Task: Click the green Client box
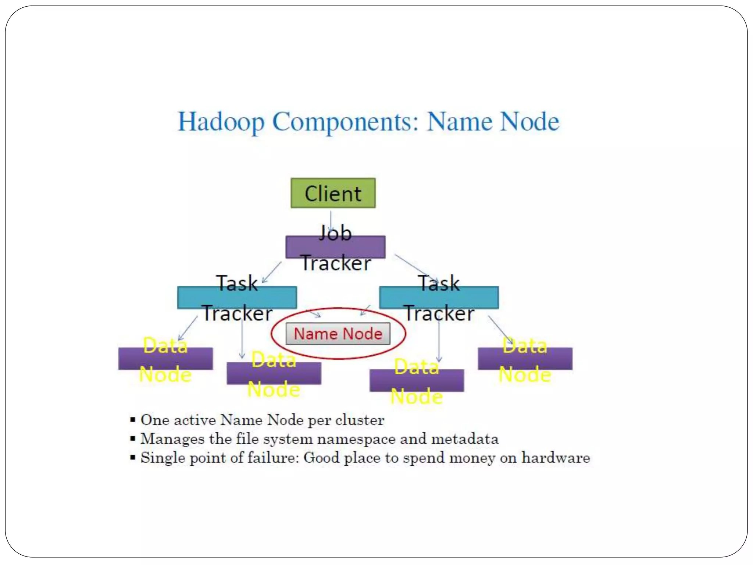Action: pos(333,193)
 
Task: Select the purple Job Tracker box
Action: pos(335,247)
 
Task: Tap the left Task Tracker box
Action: pos(237,298)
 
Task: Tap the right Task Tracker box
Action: pos(439,298)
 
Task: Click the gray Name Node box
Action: pos(338,334)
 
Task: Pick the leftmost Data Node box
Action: pos(165,359)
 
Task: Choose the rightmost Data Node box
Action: pos(525,359)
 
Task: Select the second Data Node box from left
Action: pos(274,373)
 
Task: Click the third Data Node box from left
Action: pos(417,380)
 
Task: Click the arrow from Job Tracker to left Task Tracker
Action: pos(272,272)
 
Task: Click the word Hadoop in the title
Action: pos(221,122)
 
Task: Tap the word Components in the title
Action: pos(345,122)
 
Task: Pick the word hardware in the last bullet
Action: pos(556,458)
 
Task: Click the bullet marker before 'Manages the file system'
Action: pos(133,439)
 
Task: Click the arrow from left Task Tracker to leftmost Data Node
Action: pos(188,328)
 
